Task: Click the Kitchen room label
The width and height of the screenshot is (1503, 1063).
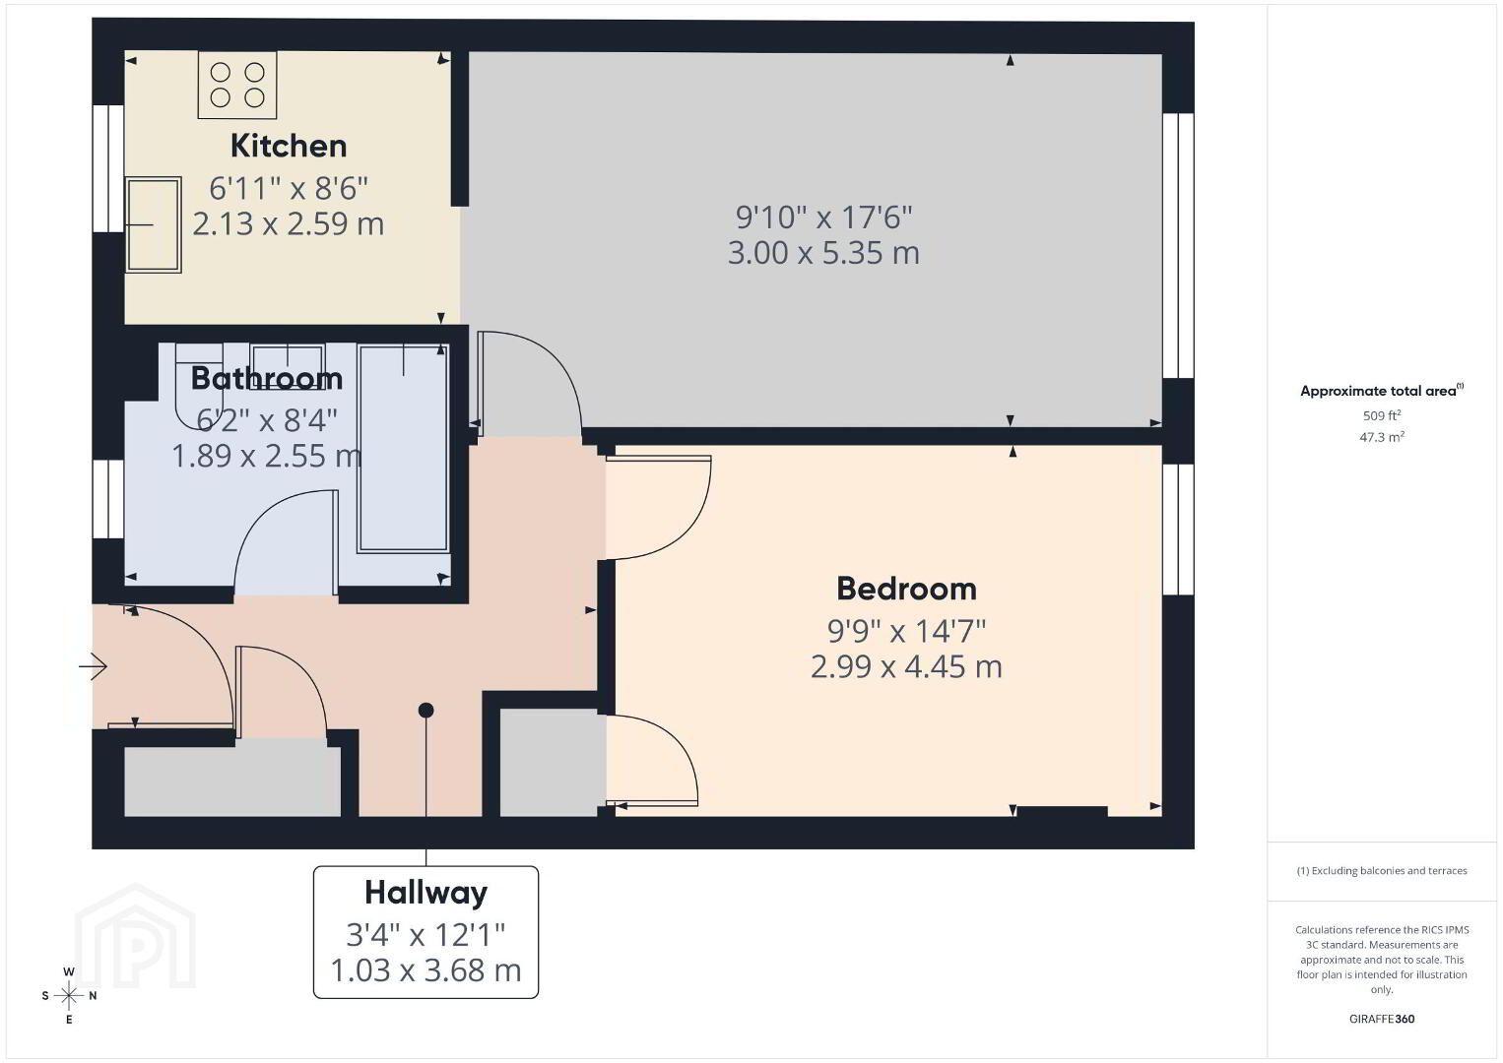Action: coord(289,146)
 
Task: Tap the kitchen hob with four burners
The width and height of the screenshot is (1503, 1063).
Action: coord(236,86)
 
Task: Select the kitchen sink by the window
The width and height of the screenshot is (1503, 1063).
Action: coord(154,224)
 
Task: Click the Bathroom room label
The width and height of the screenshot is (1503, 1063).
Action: coord(267,378)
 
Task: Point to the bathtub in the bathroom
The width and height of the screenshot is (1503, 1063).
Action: coord(403,449)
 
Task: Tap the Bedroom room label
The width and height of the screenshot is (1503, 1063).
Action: coord(906,589)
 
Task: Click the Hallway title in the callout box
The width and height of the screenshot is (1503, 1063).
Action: coord(426,894)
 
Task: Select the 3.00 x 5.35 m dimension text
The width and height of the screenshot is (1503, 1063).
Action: coord(824,253)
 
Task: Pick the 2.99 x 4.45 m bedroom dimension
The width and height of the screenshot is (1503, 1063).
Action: coord(906,666)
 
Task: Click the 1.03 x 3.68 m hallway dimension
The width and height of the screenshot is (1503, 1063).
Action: coord(426,970)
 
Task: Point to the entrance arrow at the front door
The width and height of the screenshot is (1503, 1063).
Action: coord(94,666)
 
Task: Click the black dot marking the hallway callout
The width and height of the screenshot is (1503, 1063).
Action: coord(426,710)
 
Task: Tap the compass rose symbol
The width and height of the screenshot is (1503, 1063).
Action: coord(69,996)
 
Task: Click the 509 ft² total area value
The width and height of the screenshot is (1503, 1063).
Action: coord(1382,415)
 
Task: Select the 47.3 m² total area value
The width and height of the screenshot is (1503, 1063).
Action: coord(1382,437)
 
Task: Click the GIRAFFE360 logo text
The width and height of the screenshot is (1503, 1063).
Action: coord(1382,1019)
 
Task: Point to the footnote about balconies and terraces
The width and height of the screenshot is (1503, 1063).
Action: coord(1382,870)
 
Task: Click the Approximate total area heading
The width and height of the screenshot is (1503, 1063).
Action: coord(1382,391)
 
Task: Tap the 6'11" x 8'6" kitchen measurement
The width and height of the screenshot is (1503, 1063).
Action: coord(289,188)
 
